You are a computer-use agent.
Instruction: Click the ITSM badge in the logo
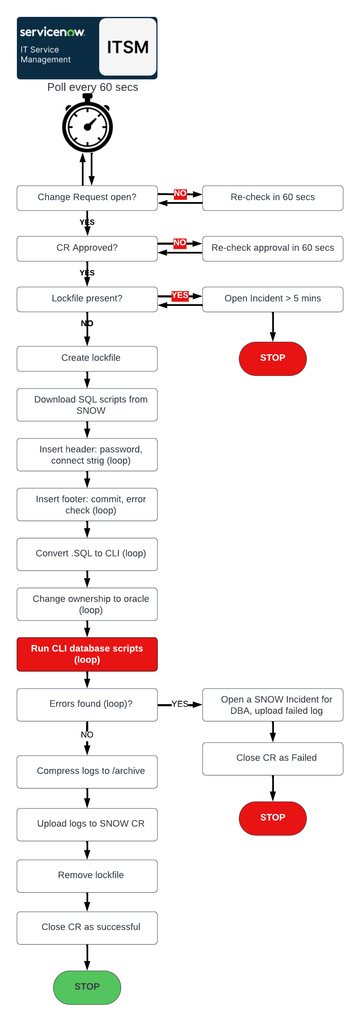pyautogui.click(x=128, y=47)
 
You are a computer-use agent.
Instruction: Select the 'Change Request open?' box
pyautogui.click(x=87, y=198)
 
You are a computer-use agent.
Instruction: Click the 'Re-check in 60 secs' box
pyautogui.click(x=273, y=198)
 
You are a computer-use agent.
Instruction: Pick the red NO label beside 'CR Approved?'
pyautogui.click(x=180, y=243)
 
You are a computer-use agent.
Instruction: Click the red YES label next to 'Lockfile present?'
pyautogui.click(x=180, y=295)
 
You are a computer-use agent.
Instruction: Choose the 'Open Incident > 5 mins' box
pyautogui.click(x=273, y=299)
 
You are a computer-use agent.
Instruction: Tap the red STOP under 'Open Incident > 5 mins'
pyautogui.click(x=273, y=358)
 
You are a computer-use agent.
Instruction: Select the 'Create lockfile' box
pyautogui.click(x=87, y=358)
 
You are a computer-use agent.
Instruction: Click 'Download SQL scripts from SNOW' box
pyautogui.click(x=87, y=405)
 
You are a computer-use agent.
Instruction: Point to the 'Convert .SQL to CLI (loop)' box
pyautogui.click(x=87, y=554)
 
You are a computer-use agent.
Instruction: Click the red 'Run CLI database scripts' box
pyautogui.click(x=87, y=654)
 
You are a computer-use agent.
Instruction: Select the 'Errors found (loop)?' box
pyautogui.click(x=87, y=704)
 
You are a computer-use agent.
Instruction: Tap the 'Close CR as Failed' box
pyautogui.click(x=273, y=758)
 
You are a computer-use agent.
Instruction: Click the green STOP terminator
pyautogui.click(x=87, y=987)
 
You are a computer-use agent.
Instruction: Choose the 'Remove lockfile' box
pyautogui.click(x=87, y=875)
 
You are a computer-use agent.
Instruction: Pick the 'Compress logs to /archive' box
pyautogui.click(x=87, y=771)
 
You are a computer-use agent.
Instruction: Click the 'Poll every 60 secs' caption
pyautogui.click(x=93, y=87)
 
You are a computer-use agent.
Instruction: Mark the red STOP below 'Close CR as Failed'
pyautogui.click(x=273, y=818)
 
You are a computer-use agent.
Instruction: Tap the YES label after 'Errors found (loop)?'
pyautogui.click(x=180, y=704)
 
